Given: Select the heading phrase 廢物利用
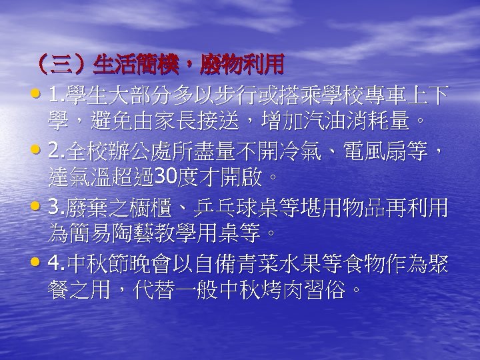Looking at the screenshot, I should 243,64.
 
